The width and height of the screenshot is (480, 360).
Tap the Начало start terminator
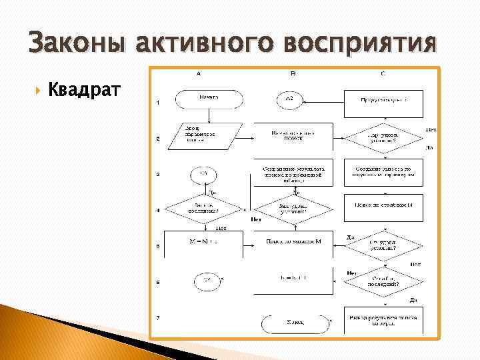(x=208, y=99)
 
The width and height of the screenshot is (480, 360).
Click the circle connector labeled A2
(x=289, y=99)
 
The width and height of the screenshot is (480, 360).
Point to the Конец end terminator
(x=294, y=323)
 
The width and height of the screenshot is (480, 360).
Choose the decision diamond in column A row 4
(x=205, y=209)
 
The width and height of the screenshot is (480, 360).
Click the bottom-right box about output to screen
(x=382, y=321)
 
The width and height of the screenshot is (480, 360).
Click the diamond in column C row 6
(x=382, y=283)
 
